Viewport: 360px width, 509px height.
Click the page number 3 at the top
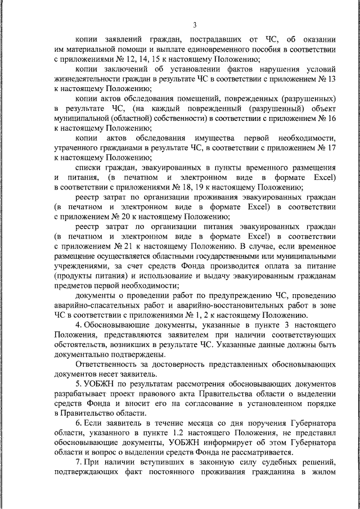pos(195,25)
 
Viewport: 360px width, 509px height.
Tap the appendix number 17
pos(332,148)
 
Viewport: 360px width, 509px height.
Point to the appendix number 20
pos(131,217)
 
